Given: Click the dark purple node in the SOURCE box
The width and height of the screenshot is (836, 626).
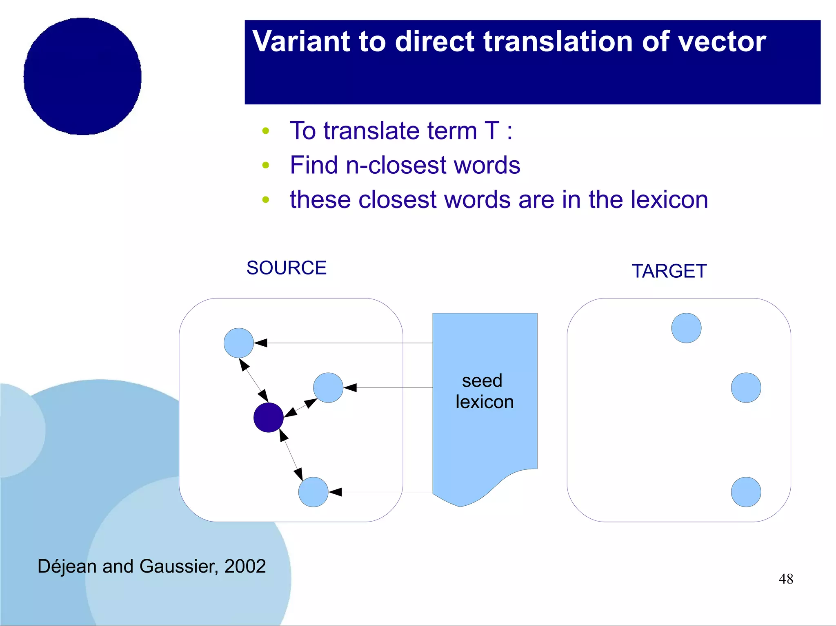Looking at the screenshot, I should click(x=268, y=417).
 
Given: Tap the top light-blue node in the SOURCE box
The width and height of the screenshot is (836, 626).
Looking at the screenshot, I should click(x=238, y=343).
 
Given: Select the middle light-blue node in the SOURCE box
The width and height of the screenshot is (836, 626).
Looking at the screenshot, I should click(x=328, y=387).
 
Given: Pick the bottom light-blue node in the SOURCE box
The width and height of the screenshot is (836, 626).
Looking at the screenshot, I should click(x=313, y=492).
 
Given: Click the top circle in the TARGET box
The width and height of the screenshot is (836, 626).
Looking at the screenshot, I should click(x=686, y=328).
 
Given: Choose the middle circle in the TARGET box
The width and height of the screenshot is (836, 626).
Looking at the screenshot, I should click(x=746, y=387).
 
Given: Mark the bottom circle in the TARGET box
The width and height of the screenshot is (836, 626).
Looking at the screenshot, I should click(x=746, y=492).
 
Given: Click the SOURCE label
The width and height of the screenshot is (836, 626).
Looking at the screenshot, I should click(x=286, y=268).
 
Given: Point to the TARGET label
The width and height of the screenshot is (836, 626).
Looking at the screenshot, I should click(x=669, y=271).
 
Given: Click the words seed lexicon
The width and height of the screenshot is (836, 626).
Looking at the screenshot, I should click(x=484, y=391).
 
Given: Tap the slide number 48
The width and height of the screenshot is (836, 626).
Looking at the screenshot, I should click(x=785, y=579).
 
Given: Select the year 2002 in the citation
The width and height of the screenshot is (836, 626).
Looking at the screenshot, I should click(x=245, y=566).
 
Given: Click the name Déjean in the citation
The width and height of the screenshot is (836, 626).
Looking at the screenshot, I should click(x=67, y=566).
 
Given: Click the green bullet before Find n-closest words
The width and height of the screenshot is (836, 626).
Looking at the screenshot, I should click(x=266, y=165).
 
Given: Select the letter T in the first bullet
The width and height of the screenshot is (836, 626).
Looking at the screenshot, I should click(x=492, y=131).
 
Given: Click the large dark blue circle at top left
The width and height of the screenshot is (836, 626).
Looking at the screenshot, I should click(x=82, y=76).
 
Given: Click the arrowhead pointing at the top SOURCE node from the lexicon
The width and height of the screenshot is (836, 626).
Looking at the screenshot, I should click(x=260, y=343).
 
